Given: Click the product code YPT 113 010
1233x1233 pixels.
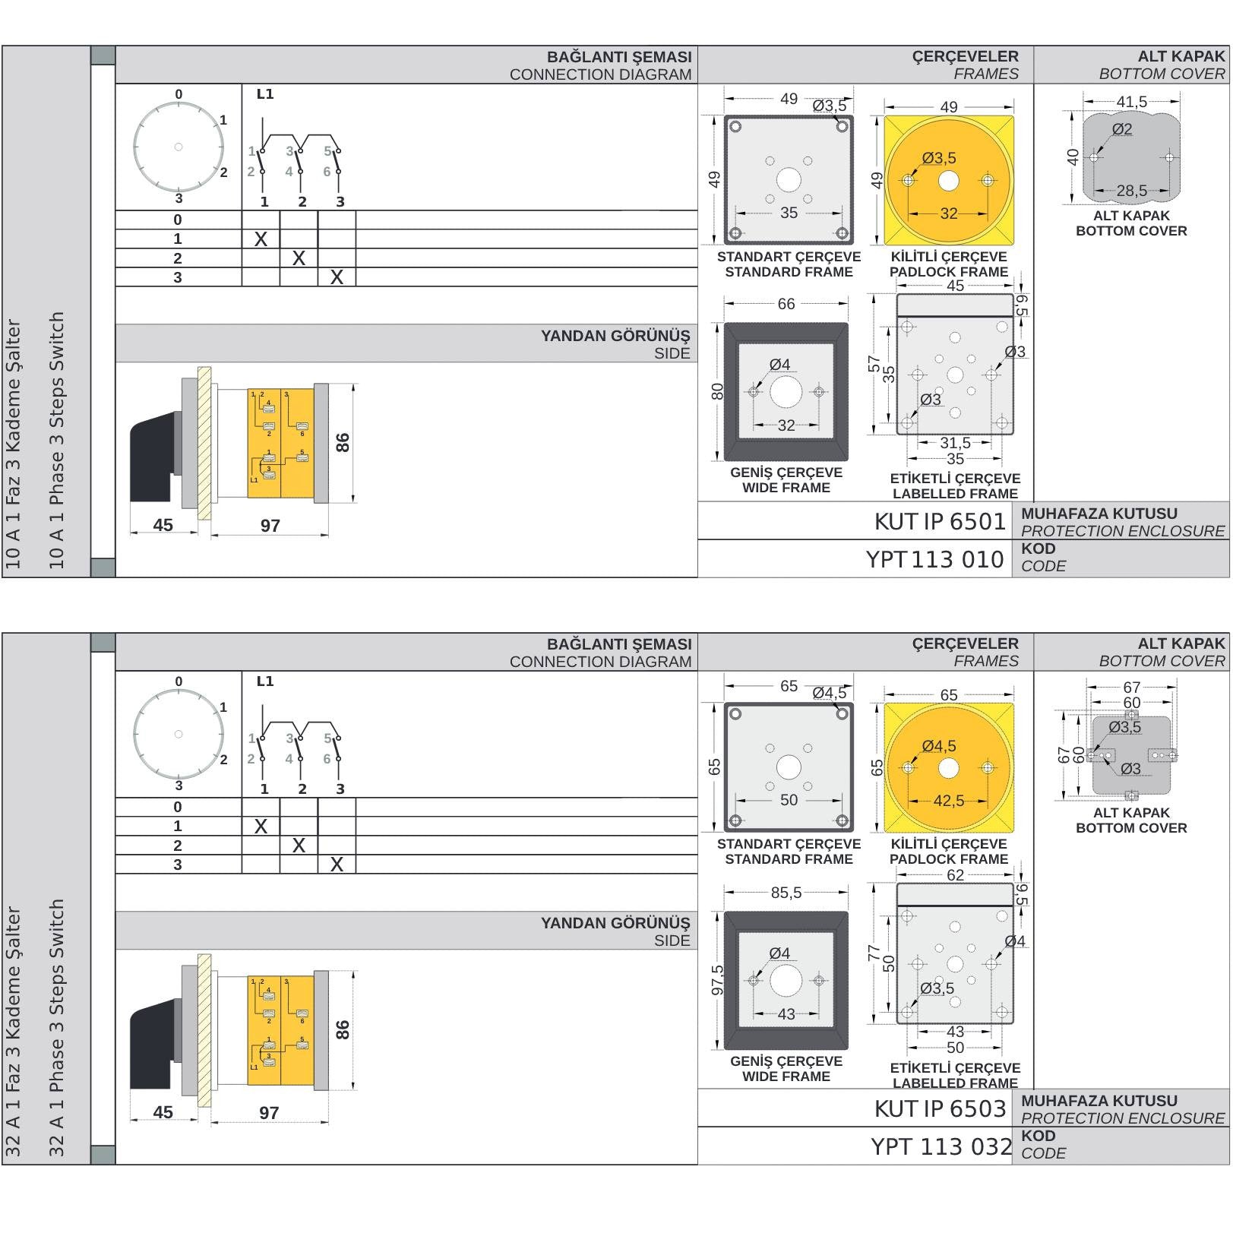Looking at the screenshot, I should click(x=934, y=560).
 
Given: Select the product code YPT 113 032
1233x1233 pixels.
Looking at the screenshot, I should click(x=941, y=1146).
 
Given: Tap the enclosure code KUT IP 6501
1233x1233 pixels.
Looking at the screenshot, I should click(x=940, y=522).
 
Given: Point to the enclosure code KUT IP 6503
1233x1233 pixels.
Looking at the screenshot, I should click(x=940, y=1109).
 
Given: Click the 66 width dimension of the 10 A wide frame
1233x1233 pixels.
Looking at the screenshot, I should click(x=786, y=304).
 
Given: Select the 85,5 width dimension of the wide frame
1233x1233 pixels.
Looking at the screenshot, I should click(x=786, y=893).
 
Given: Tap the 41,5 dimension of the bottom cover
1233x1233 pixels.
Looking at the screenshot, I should click(x=1131, y=102).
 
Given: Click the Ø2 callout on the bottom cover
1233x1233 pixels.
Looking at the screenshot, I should click(x=1122, y=129).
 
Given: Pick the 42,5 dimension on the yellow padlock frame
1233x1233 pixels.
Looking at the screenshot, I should click(x=948, y=801).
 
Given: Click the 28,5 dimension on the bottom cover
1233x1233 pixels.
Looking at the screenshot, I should click(x=1131, y=191).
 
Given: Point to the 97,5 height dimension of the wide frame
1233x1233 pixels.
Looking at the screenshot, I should click(x=716, y=980).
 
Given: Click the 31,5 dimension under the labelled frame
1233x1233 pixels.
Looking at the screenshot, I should click(x=955, y=443).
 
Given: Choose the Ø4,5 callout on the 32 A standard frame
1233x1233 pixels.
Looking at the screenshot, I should click(x=829, y=693).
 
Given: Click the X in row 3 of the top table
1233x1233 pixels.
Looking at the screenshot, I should click(x=337, y=278).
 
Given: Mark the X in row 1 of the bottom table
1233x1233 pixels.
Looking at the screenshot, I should click(x=261, y=827).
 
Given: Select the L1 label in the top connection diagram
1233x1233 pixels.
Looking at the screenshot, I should click(x=264, y=94).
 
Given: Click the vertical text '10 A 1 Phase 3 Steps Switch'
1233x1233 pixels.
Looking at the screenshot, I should click(x=57, y=441).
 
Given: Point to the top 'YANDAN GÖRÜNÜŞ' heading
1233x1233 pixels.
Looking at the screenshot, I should click(x=615, y=336).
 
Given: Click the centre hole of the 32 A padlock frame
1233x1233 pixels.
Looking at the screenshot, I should click(x=948, y=768).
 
